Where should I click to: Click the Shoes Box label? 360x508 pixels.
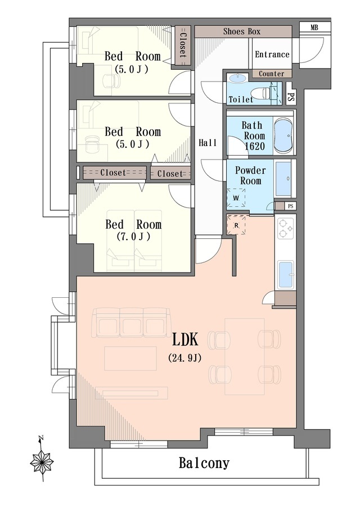pos(242,31)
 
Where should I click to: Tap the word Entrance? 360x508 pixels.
pos(272,54)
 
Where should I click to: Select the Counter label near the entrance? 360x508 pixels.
pos(272,74)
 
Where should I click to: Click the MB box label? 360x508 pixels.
pos(314,28)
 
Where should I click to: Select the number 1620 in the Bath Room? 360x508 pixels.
pos(255,147)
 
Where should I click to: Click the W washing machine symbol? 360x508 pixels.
pos(236,198)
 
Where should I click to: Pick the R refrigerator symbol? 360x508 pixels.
pos(236,224)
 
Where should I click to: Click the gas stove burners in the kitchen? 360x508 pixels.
pos(285,228)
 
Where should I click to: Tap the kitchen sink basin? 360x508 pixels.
pos(286,275)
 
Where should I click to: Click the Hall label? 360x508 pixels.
pos(208,143)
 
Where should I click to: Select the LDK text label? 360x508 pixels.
pos(184,339)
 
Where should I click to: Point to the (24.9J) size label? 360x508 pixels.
pos(185,358)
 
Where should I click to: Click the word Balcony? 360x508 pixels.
pos(204,463)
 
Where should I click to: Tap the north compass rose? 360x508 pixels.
pos(42,461)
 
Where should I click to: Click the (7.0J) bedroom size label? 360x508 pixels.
pos(133,237)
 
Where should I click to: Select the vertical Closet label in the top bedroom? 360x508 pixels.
pos(183,46)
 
